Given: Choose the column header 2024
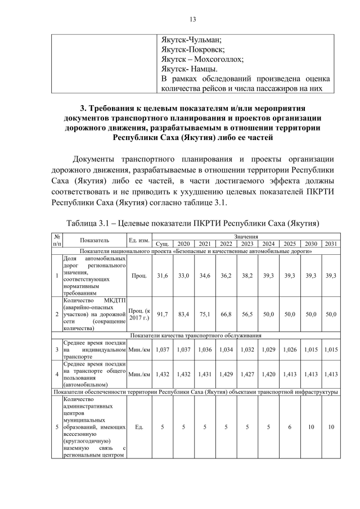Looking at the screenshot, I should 268,244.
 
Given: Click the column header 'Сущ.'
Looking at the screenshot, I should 162,244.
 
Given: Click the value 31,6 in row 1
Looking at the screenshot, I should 162,276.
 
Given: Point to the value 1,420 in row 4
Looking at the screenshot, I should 268,373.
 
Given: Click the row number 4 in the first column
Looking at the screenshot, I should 57,373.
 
